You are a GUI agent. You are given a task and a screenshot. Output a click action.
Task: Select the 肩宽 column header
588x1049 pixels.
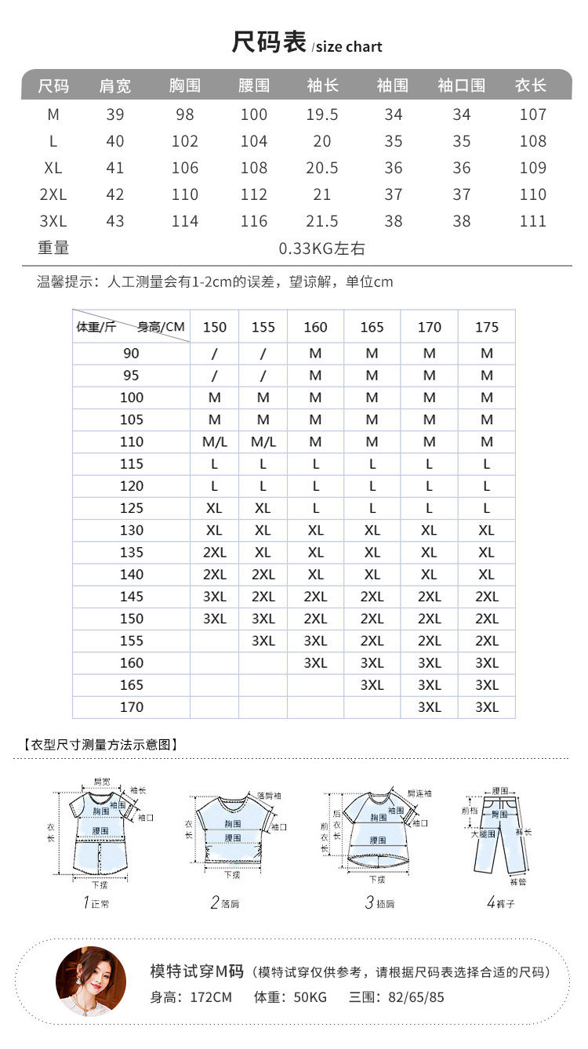pyautogui.click(x=115, y=85)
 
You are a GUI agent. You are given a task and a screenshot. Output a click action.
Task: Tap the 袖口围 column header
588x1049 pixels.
pyautogui.click(x=461, y=85)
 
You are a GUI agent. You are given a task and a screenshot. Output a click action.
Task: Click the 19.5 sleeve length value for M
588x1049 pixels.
pyautogui.click(x=322, y=114)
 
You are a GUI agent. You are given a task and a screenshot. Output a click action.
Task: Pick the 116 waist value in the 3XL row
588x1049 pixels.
pyautogui.click(x=254, y=221)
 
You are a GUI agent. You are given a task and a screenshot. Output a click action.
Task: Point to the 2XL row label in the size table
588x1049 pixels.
pyautogui.click(x=53, y=194)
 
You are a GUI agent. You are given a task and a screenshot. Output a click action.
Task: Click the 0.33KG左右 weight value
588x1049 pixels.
pyautogui.click(x=322, y=249)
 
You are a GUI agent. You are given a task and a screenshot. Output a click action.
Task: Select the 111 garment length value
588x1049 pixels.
pyautogui.click(x=532, y=221)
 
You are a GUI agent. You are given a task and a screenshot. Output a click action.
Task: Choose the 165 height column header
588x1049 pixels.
pyautogui.click(x=372, y=327)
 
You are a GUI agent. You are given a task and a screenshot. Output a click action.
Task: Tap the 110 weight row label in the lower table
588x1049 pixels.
pyautogui.click(x=132, y=442)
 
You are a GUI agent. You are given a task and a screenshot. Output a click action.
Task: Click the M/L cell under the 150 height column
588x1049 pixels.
pyautogui.click(x=214, y=442)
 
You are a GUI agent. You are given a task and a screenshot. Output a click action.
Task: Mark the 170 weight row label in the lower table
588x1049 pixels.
pyautogui.click(x=132, y=707)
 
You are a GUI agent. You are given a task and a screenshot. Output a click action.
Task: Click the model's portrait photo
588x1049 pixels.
pyautogui.click(x=80, y=982)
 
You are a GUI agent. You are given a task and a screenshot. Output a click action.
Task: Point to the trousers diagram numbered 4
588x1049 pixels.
pyautogui.click(x=499, y=835)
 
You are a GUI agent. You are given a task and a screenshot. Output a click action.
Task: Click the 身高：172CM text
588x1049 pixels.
pyautogui.click(x=191, y=998)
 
